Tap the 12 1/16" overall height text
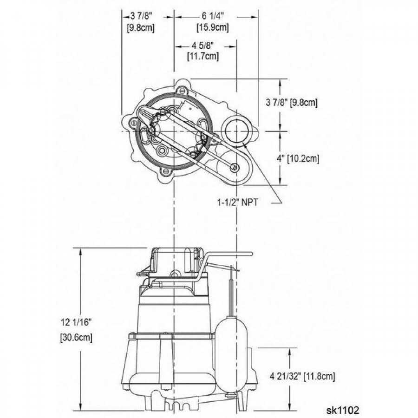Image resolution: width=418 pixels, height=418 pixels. [76, 321]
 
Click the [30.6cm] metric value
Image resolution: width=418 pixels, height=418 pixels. [76, 338]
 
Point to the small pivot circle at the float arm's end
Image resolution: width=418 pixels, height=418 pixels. [236, 168]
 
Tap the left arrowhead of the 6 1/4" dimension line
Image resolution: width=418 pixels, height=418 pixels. [177, 17]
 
